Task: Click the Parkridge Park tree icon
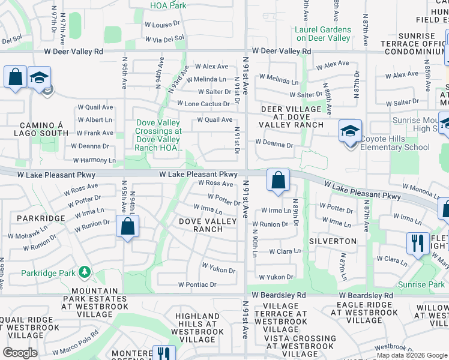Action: point(85,273)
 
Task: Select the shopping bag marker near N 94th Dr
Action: point(127,227)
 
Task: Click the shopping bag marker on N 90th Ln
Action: point(278,181)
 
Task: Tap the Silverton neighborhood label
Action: point(333,241)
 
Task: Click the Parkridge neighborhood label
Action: point(41,218)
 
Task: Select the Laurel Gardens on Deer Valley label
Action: point(324,34)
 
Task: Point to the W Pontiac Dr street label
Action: point(196,284)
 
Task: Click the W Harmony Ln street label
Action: point(94,161)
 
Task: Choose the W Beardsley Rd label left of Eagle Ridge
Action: point(279,295)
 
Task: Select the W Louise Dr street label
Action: point(163,25)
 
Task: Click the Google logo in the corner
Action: point(20,352)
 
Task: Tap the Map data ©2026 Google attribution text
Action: point(411,355)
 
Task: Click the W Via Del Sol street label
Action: point(164,38)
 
